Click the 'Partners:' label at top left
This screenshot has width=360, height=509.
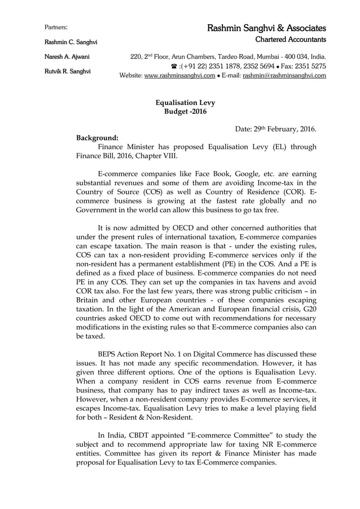56,28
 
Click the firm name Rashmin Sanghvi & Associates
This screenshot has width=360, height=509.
266,28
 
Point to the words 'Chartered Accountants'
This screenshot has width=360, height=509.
291,40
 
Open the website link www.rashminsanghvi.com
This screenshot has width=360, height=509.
175,76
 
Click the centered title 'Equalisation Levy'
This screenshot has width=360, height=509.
185,103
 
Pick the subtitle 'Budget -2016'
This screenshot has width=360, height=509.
185,112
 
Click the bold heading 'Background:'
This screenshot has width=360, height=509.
97,138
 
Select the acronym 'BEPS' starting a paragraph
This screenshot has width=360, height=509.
109,354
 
